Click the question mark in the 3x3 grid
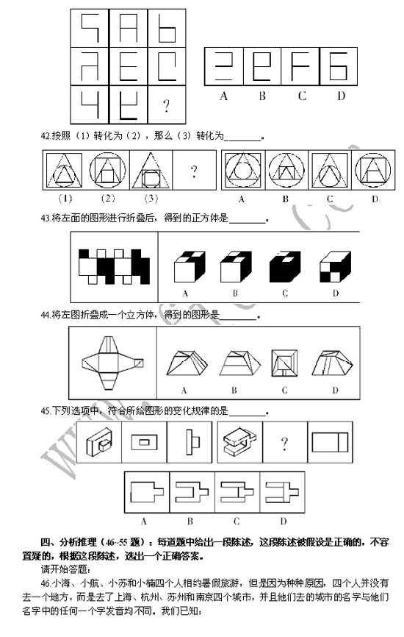(166, 105)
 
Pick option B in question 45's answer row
(191, 491)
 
